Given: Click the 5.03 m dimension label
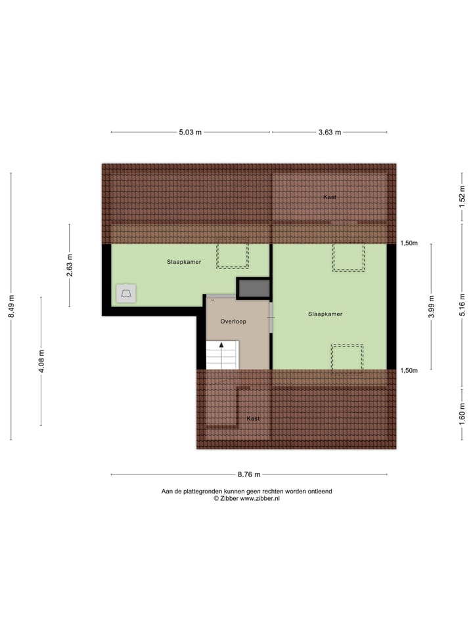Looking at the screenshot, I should click(x=190, y=132).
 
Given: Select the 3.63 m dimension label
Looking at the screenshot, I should click(x=330, y=132).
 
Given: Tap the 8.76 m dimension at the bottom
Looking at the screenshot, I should click(x=249, y=474).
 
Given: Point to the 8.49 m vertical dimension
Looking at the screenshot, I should click(x=11, y=306).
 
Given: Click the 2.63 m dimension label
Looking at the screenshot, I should click(x=70, y=266).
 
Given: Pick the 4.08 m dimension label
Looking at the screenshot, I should click(x=41, y=361).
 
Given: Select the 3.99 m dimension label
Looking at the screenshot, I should click(x=431, y=306).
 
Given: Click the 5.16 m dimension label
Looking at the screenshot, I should click(x=462, y=306).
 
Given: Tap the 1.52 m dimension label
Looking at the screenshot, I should click(x=462, y=197).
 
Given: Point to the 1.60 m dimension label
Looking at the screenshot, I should click(x=462, y=410).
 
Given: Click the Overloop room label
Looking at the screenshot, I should click(x=233, y=322).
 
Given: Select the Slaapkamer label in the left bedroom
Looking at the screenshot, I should click(x=184, y=261).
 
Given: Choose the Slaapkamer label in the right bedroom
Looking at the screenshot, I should click(x=325, y=314).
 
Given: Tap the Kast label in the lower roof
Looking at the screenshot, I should click(x=253, y=418).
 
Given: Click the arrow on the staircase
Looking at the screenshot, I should click(x=221, y=345).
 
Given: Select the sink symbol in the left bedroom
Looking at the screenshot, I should click(x=126, y=293).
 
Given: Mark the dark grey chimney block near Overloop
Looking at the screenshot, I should click(x=253, y=288).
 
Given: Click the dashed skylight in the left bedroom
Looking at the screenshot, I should click(x=233, y=255).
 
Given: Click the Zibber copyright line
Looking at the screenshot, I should click(x=246, y=499).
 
